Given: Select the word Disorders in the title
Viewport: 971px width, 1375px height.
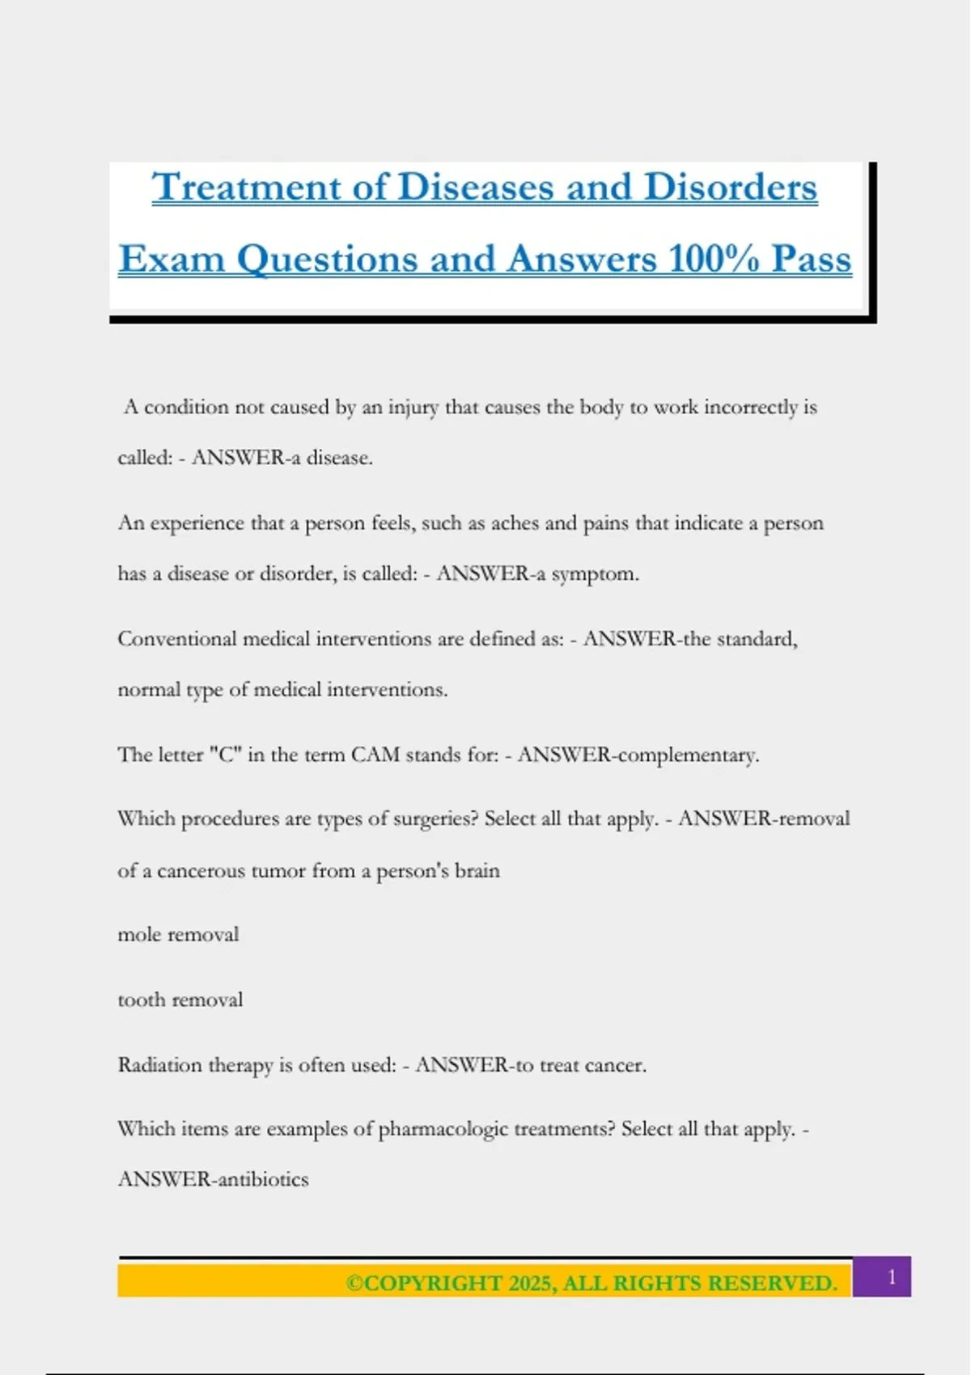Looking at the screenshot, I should click(x=730, y=188).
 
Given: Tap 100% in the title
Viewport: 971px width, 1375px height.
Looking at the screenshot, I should click(x=713, y=260).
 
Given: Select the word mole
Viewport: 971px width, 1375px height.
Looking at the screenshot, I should click(x=139, y=935).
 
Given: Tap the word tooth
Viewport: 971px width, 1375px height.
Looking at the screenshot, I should click(x=140, y=1000).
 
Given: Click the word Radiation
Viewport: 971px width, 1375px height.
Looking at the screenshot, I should click(x=159, y=1065).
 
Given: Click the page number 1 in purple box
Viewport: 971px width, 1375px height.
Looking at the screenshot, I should click(x=892, y=1277).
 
